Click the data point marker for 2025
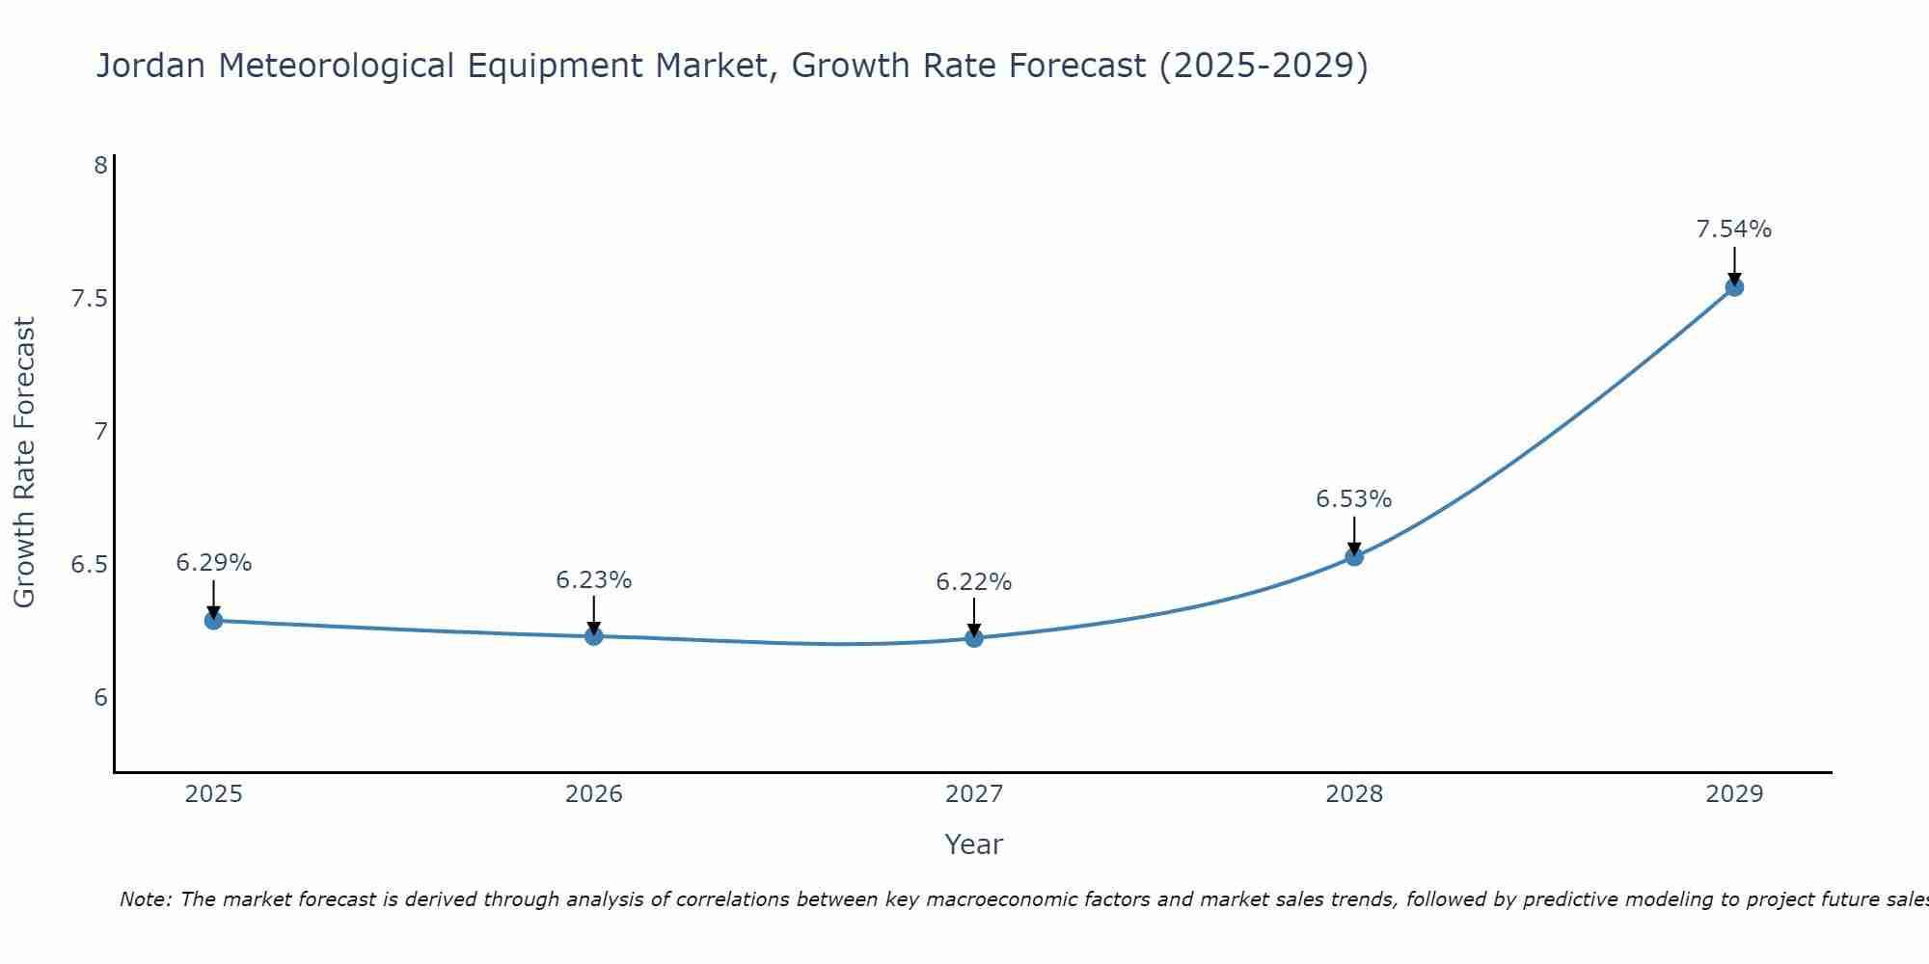(x=214, y=621)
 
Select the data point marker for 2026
(x=594, y=636)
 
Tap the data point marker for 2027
(x=974, y=638)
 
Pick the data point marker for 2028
(x=1354, y=556)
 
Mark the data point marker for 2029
(x=1734, y=286)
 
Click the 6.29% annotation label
(x=214, y=563)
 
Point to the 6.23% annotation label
(x=594, y=580)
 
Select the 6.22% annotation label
(x=974, y=582)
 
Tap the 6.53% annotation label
(x=1354, y=499)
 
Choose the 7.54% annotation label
(x=1734, y=229)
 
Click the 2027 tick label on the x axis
(x=974, y=794)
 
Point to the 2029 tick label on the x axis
(x=1734, y=794)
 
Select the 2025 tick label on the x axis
(x=214, y=794)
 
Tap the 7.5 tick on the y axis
(x=89, y=299)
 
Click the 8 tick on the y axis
(x=100, y=166)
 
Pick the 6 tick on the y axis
(x=100, y=698)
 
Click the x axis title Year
(x=974, y=844)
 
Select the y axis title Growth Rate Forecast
(x=25, y=463)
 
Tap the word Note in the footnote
(x=144, y=899)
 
